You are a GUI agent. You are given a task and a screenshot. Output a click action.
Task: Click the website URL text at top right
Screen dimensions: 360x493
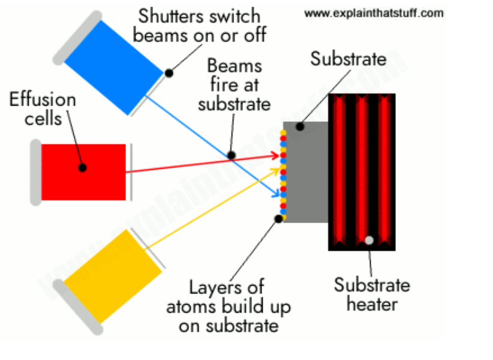tap(374, 13)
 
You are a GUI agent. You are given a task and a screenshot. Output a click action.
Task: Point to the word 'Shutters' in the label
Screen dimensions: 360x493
tap(164, 15)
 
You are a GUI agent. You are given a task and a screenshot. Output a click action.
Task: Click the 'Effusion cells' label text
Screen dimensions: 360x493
tap(43, 109)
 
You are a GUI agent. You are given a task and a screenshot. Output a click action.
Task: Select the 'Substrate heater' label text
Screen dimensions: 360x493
tap(372, 294)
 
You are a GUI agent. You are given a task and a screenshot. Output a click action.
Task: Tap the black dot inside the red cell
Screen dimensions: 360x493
tap(83, 167)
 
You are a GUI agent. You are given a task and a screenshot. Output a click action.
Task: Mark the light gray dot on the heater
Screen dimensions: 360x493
tap(369, 241)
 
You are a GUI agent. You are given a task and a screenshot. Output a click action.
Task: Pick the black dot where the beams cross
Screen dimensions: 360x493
tap(232, 155)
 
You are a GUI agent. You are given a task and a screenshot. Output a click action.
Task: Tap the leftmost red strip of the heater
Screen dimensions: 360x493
tap(340, 171)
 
